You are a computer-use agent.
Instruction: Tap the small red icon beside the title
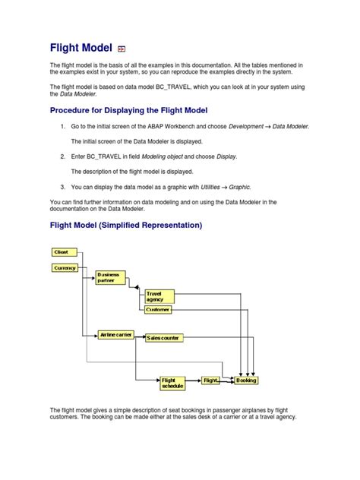122,48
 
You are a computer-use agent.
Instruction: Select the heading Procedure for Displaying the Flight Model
134,110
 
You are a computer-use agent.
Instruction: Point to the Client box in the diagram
62,252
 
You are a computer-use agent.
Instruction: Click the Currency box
64,268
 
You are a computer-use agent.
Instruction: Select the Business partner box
111,277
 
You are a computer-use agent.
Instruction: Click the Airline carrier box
115,334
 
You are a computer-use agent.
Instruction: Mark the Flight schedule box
172,384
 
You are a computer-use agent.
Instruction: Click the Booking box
246,380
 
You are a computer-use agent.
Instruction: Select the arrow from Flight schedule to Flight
193,380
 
